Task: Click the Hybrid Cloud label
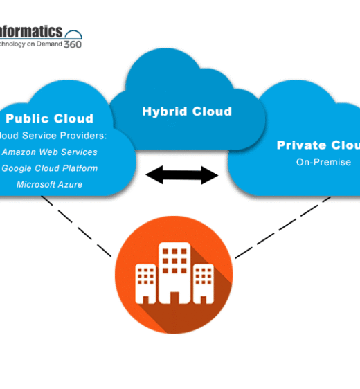[187, 111]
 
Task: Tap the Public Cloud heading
[49, 118]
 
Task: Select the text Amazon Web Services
[50, 152]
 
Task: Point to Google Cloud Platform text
[49, 168]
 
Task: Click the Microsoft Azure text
[49, 184]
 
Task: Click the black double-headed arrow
[182, 175]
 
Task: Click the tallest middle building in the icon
[174, 271]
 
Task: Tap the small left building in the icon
[146, 283]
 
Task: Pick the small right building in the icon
[202, 283]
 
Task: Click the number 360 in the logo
[73, 44]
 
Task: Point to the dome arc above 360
[73, 34]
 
